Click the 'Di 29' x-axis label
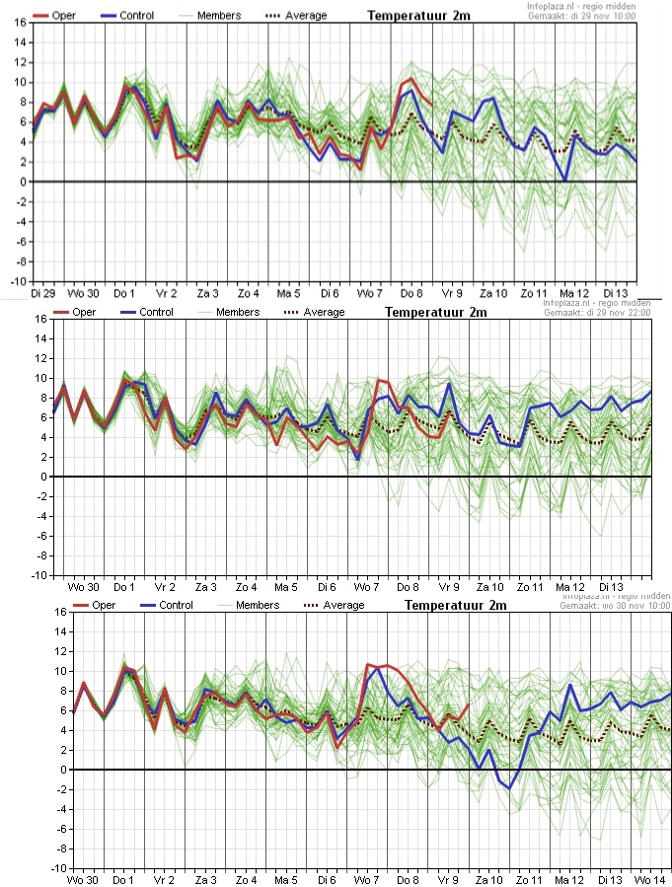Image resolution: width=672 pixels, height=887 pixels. [x=41, y=293]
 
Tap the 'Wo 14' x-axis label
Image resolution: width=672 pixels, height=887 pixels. [x=648, y=878]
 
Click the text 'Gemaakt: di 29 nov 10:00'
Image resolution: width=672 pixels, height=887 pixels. [x=582, y=17]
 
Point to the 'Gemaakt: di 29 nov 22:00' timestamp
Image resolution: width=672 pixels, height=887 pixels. [x=598, y=313]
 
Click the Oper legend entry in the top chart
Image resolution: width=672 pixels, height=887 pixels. [x=56, y=16]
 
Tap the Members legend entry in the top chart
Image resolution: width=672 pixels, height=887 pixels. [x=222, y=16]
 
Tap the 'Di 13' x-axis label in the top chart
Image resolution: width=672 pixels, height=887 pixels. [x=616, y=293]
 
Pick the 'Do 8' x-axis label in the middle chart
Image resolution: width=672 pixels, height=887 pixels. [x=408, y=586]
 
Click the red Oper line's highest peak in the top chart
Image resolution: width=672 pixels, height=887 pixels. [x=411, y=78]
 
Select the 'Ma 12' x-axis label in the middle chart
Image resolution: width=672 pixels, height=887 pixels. [x=573, y=586]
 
